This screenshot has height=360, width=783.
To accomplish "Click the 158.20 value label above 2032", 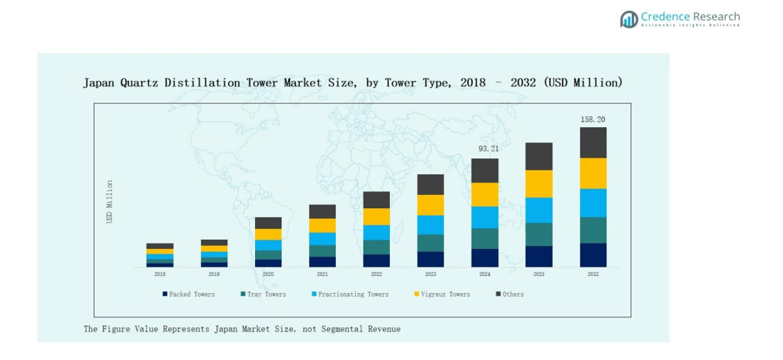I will (593, 119).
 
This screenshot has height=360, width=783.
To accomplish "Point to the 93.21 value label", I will (485, 148).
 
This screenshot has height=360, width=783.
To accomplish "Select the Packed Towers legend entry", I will (189, 294).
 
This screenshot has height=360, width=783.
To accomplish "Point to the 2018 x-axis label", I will (160, 274).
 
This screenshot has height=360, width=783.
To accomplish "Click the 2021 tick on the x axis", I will (322, 274).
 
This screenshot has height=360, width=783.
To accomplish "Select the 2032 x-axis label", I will (593, 274).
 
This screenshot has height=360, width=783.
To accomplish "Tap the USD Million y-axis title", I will (109, 202).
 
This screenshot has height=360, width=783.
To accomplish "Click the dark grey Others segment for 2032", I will (593, 143).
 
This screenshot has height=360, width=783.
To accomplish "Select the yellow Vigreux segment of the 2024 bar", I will (485, 194).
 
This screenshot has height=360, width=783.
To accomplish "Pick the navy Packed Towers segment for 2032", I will (593, 255).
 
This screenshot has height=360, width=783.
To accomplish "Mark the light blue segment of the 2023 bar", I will (430, 224).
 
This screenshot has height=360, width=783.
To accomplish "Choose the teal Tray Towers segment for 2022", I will (376, 247).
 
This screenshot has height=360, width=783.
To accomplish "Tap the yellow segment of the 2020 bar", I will (268, 234).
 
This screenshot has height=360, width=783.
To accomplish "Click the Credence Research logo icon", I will (629, 19).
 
